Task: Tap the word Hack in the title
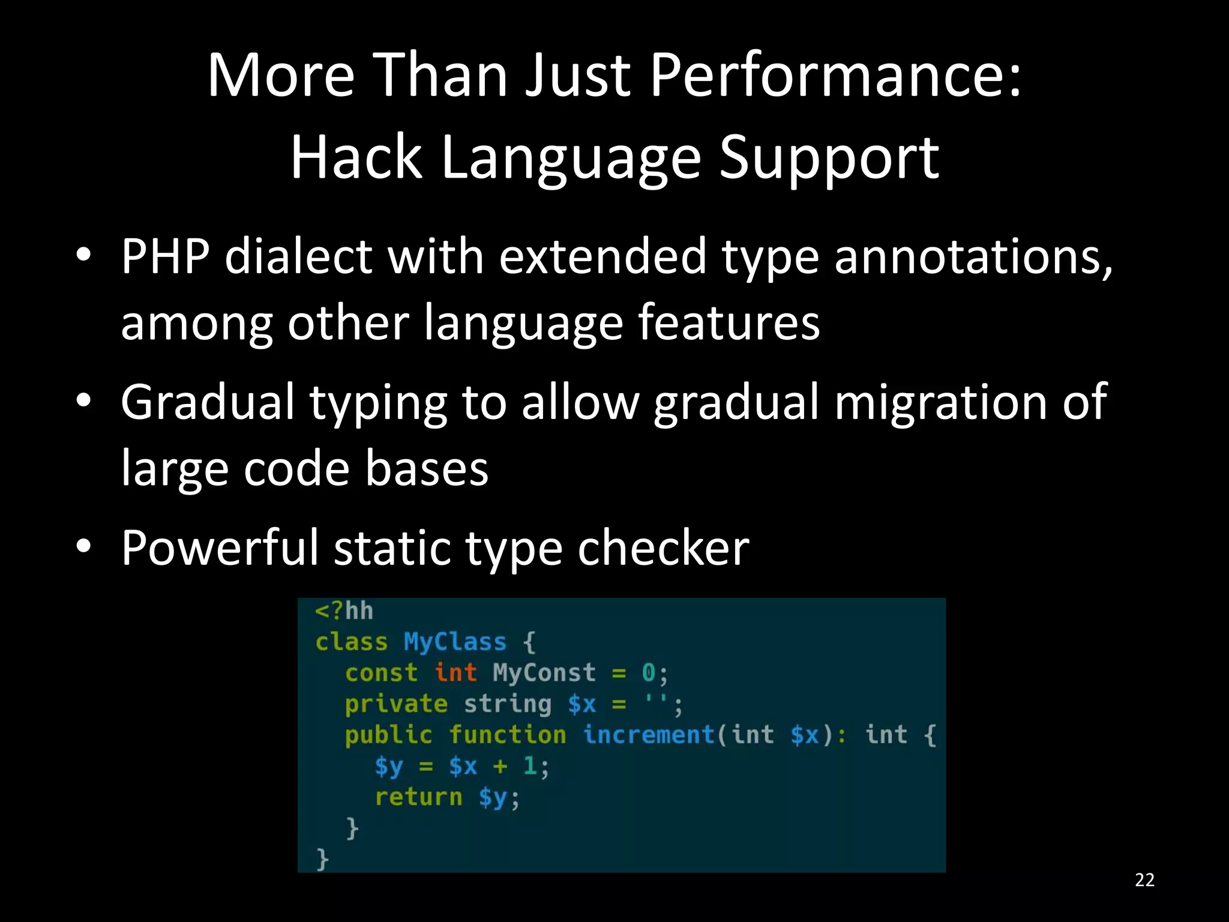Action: coord(356,157)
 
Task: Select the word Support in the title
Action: coord(829,157)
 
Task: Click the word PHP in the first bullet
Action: coord(165,256)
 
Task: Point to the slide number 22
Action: coord(1144,880)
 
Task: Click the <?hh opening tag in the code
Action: coord(344,611)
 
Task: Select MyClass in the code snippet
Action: coord(455,642)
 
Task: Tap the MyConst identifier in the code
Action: coord(544,672)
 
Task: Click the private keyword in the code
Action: coord(396,704)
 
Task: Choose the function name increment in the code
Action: coord(649,735)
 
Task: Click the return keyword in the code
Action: coord(418,797)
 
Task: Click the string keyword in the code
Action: coord(507,704)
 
